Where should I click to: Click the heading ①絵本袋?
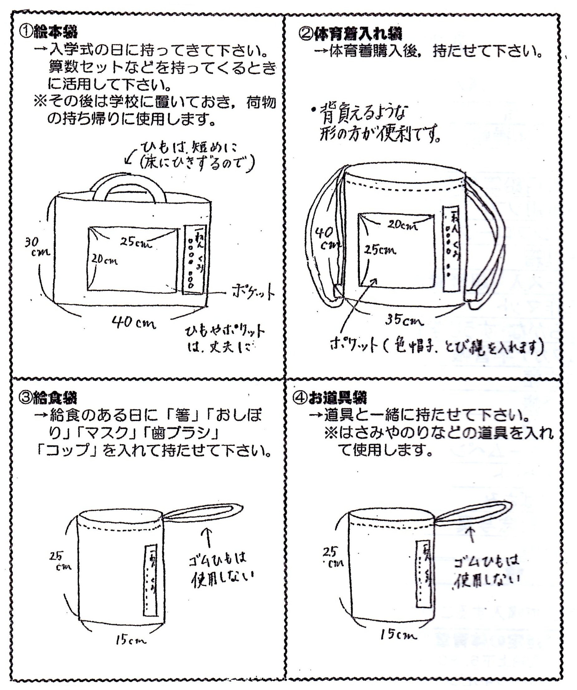[48, 32]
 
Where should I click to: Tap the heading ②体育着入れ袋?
[350, 33]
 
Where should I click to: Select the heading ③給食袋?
[48, 398]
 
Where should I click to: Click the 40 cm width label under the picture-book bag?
[133, 323]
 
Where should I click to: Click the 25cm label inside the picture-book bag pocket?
[136, 243]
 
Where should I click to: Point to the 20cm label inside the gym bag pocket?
[402, 225]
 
